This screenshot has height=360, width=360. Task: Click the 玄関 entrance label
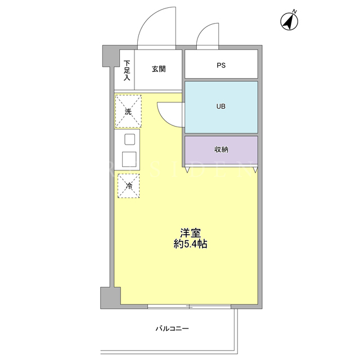pos(159,69)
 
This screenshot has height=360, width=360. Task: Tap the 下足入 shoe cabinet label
pos(127,70)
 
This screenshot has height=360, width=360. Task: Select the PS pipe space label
pos(221,65)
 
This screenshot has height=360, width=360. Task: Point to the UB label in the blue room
pos(221,106)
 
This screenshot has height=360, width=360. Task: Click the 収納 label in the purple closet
pos(221,150)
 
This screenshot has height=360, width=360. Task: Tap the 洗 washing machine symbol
pos(128,111)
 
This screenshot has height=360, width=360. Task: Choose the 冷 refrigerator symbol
pos(129,186)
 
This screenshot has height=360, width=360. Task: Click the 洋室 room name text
pos(190,233)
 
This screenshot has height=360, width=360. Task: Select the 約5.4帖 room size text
pos(190,244)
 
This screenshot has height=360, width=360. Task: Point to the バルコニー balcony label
pos(172,328)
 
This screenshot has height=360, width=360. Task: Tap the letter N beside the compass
pos(295,11)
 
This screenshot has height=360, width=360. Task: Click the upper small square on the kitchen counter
pos(130,139)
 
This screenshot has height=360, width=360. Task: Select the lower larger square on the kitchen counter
pos(129,159)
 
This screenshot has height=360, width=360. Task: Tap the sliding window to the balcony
pos(189,307)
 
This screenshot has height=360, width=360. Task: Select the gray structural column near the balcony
pos(110,298)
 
